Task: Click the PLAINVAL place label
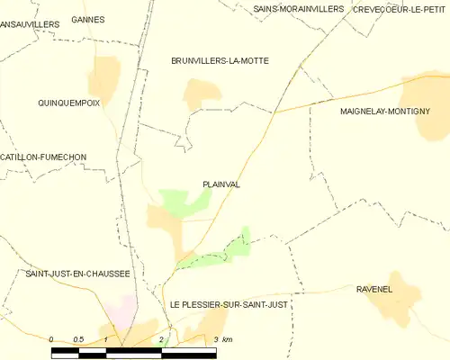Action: pyautogui.click(x=220, y=184)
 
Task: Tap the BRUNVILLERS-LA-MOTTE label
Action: pyautogui.click(x=220, y=60)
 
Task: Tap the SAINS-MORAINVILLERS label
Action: pyautogui.click(x=299, y=8)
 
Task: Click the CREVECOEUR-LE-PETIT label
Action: pyautogui.click(x=400, y=8)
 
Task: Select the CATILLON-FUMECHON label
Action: pyautogui.click(x=43, y=157)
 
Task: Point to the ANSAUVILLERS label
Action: pyautogui.click(x=30, y=24)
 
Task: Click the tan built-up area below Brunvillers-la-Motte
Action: pyautogui.click(x=202, y=94)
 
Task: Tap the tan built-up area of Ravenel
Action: pyautogui.click(x=397, y=303)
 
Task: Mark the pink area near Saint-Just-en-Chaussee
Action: pyautogui.click(x=121, y=311)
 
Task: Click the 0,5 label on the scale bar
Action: pyautogui.click(x=78, y=338)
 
